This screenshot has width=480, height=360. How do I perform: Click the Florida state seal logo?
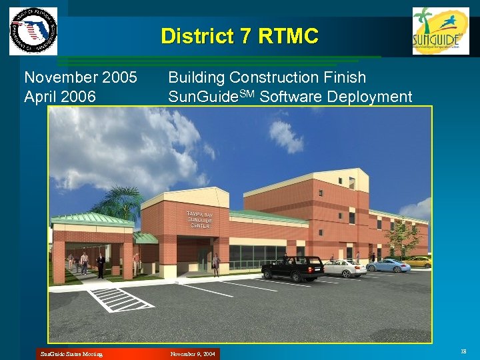coord(33,31)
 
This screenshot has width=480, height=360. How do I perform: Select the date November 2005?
coord(80,78)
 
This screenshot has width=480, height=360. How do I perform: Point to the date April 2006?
coord(59,97)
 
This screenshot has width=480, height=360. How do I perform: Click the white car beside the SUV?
coord(344,268)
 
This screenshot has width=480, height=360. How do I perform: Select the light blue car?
coord(388,265)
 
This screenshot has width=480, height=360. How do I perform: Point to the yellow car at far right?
coord(419,261)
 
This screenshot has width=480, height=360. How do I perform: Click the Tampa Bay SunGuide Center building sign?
coord(199,219)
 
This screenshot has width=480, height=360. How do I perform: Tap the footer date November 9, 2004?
coord(193,354)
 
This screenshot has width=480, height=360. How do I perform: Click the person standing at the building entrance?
coord(215,264)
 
